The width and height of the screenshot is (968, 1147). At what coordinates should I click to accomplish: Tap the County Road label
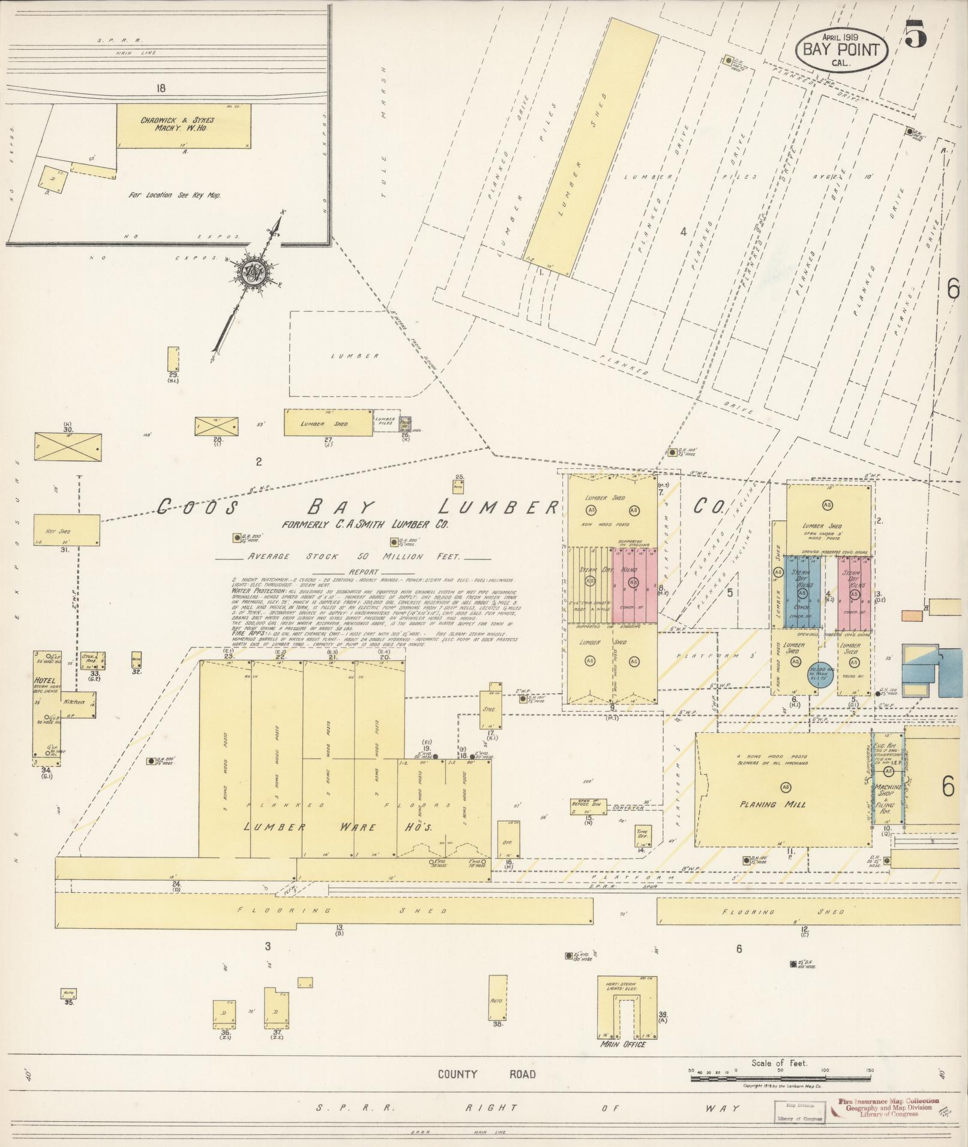tap(486, 1074)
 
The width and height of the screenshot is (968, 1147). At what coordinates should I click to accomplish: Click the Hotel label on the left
tap(45, 681)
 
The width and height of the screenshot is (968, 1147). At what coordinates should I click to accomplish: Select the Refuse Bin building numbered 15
tap(588, 807)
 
